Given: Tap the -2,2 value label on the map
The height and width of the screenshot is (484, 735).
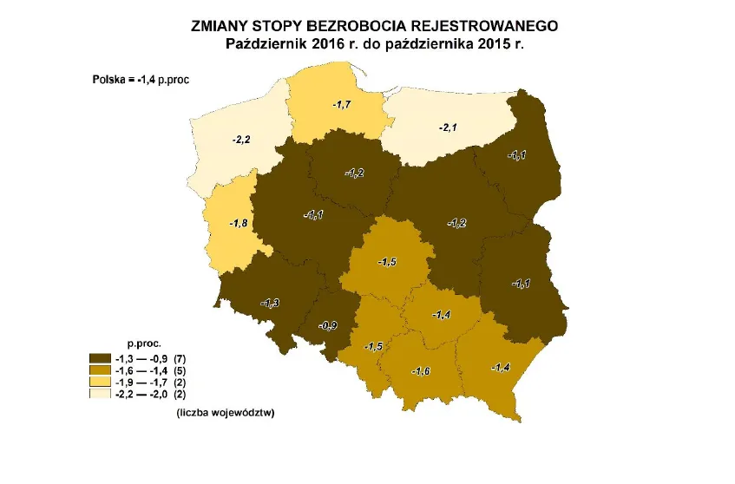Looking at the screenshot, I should tap(242, 139).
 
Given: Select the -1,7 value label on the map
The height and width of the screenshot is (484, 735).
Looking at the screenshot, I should tap(342, 104).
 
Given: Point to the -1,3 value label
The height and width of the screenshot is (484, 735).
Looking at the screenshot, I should tap(270, 303).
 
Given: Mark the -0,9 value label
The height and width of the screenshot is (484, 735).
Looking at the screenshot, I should tap(329, 325).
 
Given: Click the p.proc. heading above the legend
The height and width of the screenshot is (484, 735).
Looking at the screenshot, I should tap(145, 343).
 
